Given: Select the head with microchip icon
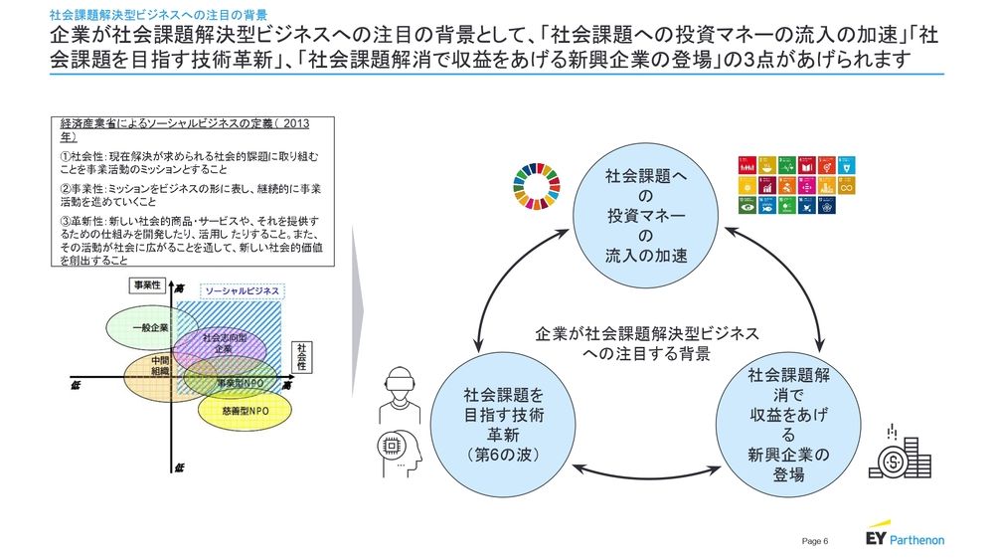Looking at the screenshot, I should tap(397, 453).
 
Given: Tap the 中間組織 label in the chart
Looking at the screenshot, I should tap(160, 365).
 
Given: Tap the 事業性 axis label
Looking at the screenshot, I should tap(148, 284).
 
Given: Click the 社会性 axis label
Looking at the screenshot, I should tap(300, 356).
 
